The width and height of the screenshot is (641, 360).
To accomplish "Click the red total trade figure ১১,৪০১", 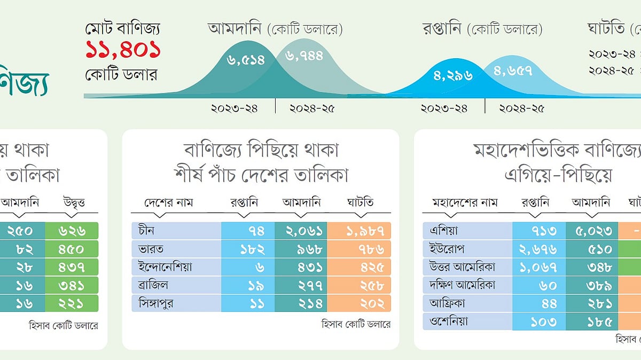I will [123, 51].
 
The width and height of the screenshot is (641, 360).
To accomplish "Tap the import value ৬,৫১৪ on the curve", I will [246, 60].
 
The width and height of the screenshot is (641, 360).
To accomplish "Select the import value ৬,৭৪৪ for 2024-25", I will [304, 56].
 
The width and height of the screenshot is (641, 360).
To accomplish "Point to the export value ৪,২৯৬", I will [454, 75].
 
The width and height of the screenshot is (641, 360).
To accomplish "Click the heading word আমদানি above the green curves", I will [236, 28].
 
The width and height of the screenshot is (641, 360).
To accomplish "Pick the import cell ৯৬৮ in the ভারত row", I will [301, 249].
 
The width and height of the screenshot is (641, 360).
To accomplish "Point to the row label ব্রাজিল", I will [152, 285].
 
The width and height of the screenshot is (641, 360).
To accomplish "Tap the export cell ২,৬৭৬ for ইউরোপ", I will [538, 249].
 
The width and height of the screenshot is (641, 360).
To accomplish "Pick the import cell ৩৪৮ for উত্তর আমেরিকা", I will [591, 267].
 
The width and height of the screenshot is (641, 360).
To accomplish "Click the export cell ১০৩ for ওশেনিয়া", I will [538, 322].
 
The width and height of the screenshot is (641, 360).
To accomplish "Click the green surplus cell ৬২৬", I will [72, 231].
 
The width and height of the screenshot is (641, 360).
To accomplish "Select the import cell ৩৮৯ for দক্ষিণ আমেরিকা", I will [591, 285].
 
